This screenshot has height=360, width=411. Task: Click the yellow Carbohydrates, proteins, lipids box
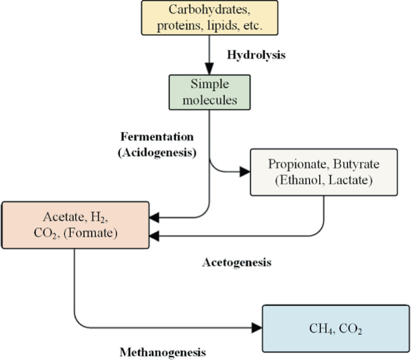209,18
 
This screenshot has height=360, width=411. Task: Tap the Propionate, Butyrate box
323,172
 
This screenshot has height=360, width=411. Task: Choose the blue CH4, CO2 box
335,328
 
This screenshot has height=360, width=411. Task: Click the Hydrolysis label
256,55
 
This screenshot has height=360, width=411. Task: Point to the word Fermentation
157,136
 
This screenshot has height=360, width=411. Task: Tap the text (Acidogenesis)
157,152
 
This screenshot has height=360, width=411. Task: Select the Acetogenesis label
237,262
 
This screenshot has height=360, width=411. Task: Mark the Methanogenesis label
163,352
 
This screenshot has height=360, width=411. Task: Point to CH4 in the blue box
319,329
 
